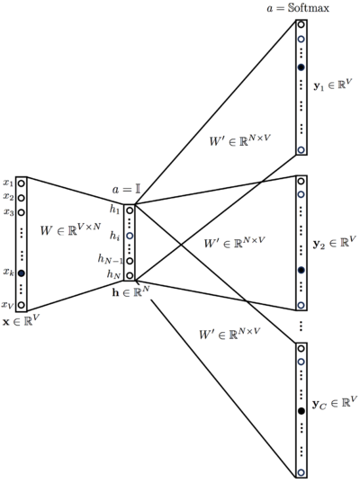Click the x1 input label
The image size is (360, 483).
click(x=8, y=183)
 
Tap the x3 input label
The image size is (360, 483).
click(x=8, y=212)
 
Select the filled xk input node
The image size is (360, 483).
click(x=21, y=273)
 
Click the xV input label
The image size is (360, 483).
click(x=8, y=305)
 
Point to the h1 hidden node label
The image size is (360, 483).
click(x=114, y=210)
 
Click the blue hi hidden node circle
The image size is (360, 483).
click(x=130, y=236)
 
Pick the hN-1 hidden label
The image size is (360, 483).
click(x=111, y=259)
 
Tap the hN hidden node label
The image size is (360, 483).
click(x=113, y=273)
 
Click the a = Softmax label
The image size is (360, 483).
click(x=298, y=8)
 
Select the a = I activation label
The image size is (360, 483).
click(x=126, y=190)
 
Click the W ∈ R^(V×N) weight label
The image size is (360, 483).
click(x=70, y=228)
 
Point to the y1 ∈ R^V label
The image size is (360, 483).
click(x=333, y=85)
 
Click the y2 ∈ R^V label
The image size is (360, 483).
click(x=335, y=243)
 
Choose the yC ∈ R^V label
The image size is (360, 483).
click(x=335, y=403)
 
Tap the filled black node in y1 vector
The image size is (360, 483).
click(x=301, y=67)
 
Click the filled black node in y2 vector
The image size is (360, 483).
click(x=301, y=270)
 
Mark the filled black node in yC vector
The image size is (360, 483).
click(x=301, y=411)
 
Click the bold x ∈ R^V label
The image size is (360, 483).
click(x=22, y=321)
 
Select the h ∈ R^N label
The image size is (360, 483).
click(x=130, y=291)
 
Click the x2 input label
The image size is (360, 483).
click(x=8, y=197)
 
